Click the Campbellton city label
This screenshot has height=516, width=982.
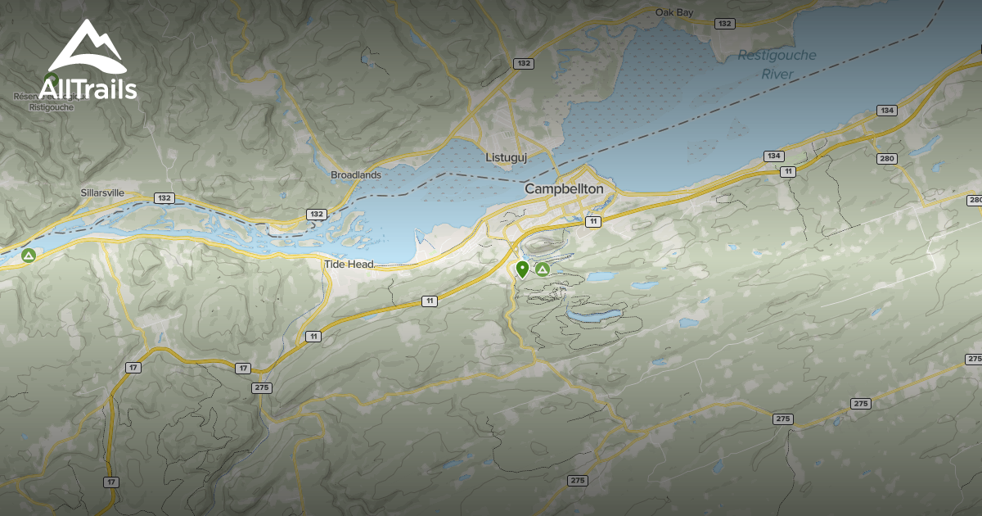point(564,189)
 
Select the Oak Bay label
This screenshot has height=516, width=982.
point(675,12)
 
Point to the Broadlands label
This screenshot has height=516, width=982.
point(356,174)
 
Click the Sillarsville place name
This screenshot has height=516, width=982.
point(102,192)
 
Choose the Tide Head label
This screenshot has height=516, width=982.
point(349,264)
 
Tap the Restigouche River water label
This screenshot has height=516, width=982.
point(777,64)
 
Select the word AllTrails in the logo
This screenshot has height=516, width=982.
point(88,88)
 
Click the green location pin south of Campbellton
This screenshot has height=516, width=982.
point(522,269)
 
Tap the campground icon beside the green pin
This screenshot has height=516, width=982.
point(542,269)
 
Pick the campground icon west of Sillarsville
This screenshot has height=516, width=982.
point(29,256)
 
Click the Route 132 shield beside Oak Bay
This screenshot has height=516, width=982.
point(724,24)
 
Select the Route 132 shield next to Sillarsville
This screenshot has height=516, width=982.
point(164,198)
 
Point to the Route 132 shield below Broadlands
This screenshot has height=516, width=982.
point(317,214)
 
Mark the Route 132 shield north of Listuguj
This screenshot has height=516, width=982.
point(523,63)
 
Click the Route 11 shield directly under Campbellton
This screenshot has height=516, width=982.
point(592,221)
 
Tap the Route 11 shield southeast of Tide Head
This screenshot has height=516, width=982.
point(430,301)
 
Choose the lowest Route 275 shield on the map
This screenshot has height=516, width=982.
point(577,481)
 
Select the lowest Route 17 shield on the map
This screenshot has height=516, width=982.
point(111,482)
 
